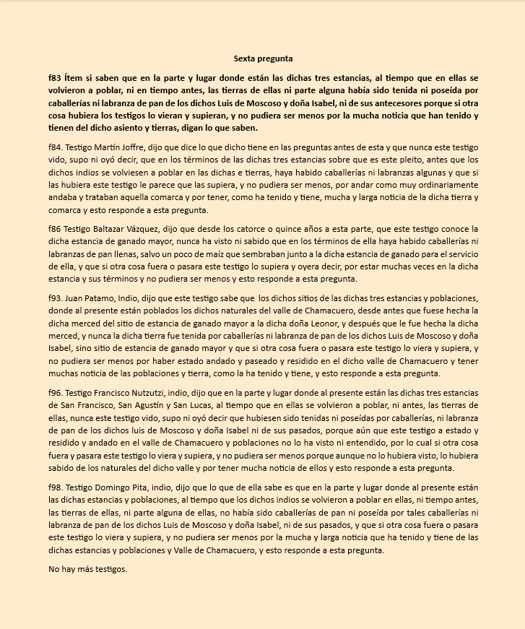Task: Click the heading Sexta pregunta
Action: coord(263,58)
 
